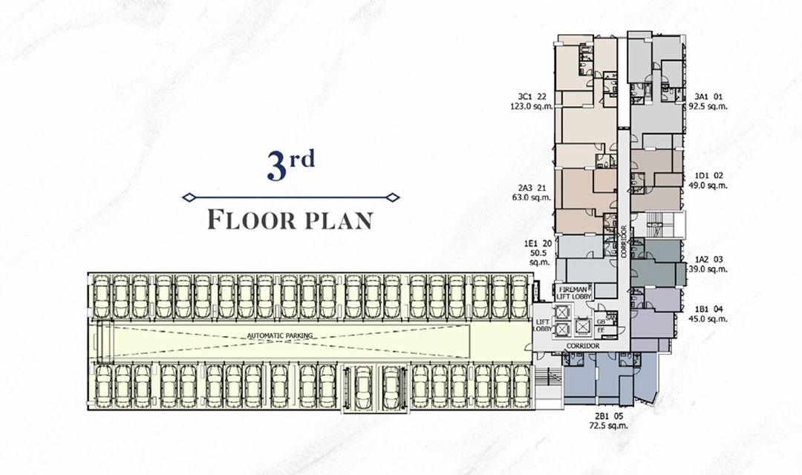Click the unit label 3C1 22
click(532, 96)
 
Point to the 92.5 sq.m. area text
click(708, 106)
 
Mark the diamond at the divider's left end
click(189, 197)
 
